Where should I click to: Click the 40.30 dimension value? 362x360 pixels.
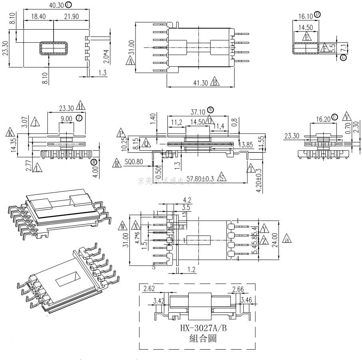pos(57,5)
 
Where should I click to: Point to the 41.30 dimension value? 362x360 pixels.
pos(199,83)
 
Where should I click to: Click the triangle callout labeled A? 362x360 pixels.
pos(131,62)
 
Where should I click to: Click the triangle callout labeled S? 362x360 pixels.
pos(223,178)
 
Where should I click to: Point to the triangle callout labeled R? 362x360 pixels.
pos(117,163)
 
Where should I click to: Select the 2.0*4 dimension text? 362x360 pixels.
pos(106,57)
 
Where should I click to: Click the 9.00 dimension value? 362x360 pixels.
pos(66,118)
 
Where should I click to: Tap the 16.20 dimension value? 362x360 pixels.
pos(322,119)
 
